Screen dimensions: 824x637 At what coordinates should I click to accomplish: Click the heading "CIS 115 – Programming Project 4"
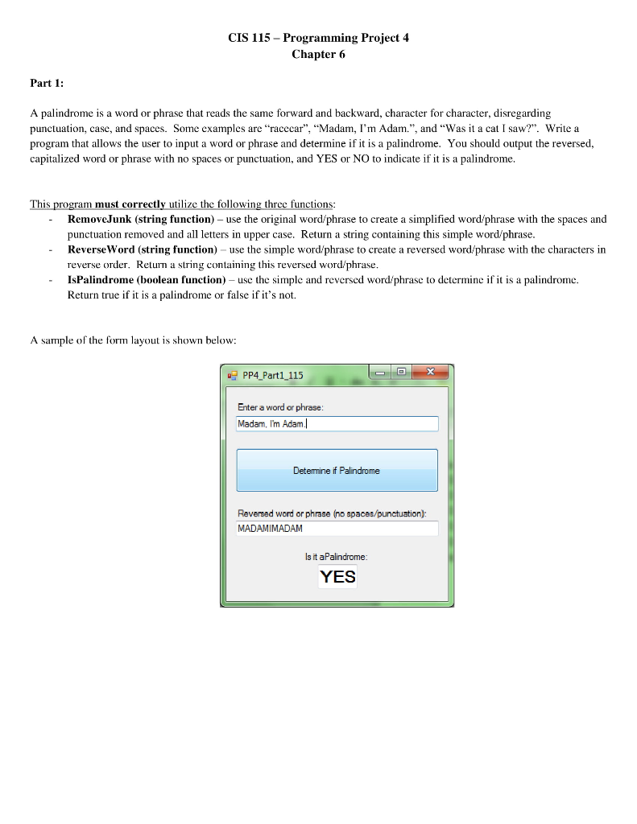tap(318, 38)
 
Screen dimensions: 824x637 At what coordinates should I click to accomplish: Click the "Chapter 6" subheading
tap(318, 54)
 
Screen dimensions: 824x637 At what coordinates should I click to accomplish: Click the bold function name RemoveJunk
tap(100, 219)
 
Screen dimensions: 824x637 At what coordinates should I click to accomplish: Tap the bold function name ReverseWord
tap(101, 249)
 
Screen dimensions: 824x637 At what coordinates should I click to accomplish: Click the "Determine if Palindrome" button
tap(337, 470)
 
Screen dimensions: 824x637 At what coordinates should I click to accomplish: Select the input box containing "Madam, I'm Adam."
tap(337, 424)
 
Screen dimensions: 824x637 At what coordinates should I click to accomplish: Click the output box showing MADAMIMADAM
tap(337, 529)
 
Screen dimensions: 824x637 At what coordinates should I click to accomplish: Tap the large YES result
tap(337, 577)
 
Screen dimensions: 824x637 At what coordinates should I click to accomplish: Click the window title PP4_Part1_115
tap(273, 375)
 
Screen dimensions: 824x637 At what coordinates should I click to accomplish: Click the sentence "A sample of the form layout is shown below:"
tap(133, 340)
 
